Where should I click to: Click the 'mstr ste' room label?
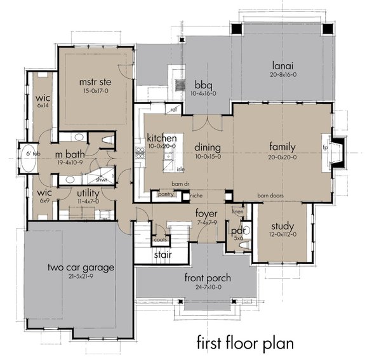click(x=95, y=81)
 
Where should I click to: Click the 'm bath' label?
click(x=70, y=154)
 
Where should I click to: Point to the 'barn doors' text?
click(x=270, y=196)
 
